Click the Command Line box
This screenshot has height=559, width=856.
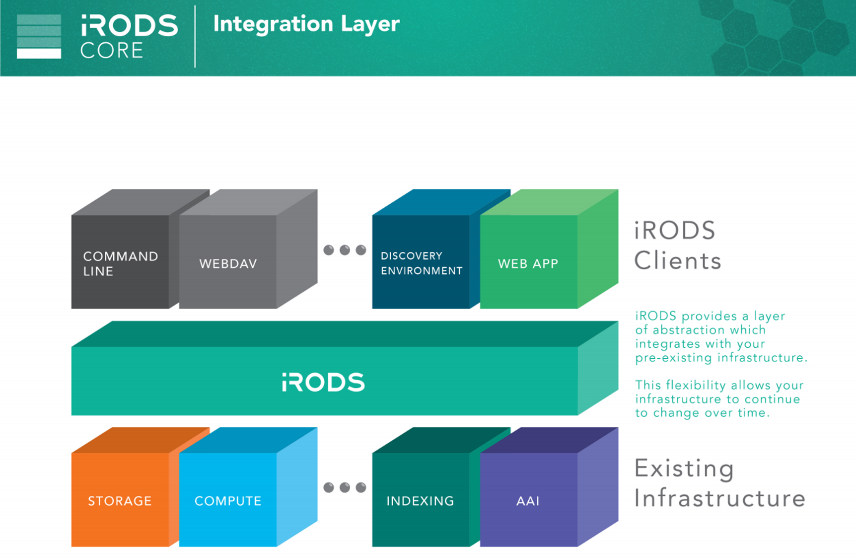click(120, 262)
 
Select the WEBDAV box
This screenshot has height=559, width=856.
click(228, 262)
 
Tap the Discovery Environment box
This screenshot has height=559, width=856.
click(421, 262)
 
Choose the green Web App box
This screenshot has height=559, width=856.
click(529, 262)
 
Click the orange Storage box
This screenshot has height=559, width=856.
click(120, 499)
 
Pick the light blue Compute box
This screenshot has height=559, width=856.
click(228, 499)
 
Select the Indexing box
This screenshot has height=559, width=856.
click(421, 499)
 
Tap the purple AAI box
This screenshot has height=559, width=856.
click(529, 499)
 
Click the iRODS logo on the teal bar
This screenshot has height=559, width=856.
click(323, 382)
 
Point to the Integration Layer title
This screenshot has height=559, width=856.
click(306, 24)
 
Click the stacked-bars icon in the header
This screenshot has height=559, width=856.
click(39, 36)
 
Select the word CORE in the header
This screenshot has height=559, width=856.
click(112, 50)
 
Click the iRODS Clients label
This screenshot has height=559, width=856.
click(678, 245)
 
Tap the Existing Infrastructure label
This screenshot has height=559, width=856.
click(719, 483)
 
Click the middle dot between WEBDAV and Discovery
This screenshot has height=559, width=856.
click(345, 250)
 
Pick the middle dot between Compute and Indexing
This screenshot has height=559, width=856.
click(345, 487)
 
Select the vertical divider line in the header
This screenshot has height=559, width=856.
click(195, 36)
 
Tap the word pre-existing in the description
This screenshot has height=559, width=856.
click(674, 358)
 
